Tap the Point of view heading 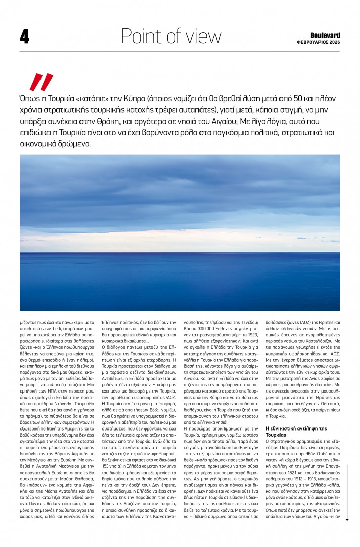[x=171, y=36]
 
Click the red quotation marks [x=41, y=82]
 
